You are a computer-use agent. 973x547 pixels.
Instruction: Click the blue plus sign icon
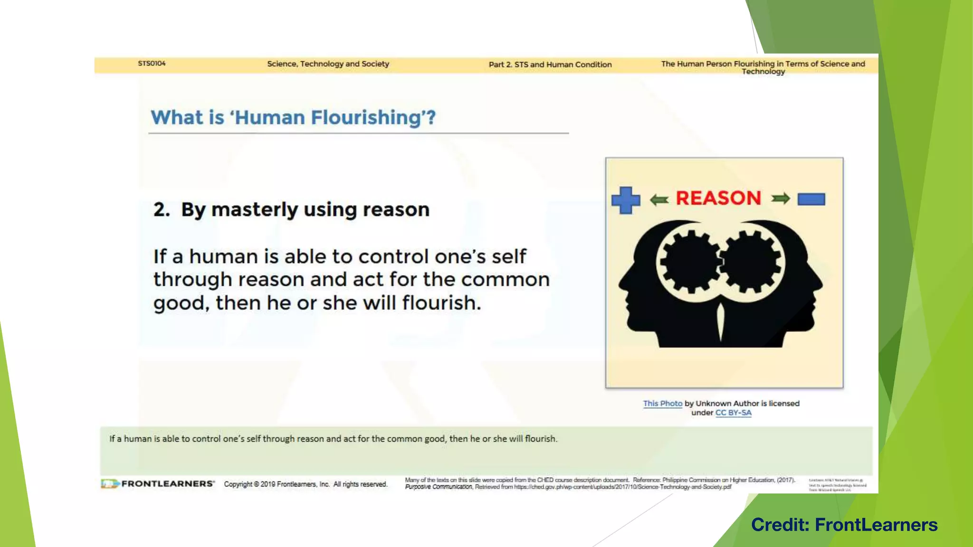tap(626, 200)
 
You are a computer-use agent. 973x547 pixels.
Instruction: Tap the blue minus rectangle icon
tap(811, 199)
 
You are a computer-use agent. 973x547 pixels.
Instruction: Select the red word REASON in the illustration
tap(718, 198)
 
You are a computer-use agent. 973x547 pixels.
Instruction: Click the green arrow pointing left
tap(659, 199)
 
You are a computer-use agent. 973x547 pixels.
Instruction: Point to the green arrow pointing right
tap(781, 198)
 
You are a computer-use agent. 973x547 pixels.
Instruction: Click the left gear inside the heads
tap(690, 262)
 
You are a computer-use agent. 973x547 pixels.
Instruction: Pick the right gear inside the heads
tap(752, 261)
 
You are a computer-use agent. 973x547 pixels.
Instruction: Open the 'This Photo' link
tap(662, 403)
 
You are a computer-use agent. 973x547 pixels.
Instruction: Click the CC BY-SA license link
tap(733, 413)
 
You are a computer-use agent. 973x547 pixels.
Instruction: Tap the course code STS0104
tap(152, 63)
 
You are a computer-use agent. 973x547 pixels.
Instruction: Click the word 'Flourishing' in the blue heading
tap(366, 117)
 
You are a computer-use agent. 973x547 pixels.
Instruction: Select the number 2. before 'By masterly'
tap(162, 209)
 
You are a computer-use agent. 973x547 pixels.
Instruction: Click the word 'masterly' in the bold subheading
tap(254, 209)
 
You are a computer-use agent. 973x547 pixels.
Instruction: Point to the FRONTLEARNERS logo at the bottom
tap(158, 484)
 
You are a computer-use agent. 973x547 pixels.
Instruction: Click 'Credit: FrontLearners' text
tap(844, 525)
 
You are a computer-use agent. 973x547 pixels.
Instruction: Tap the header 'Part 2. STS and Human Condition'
tap(550, 65)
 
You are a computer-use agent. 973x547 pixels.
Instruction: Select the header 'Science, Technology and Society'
tap(328, 64)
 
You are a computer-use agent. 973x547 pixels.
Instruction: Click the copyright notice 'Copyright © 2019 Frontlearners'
tap(305, 484)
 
